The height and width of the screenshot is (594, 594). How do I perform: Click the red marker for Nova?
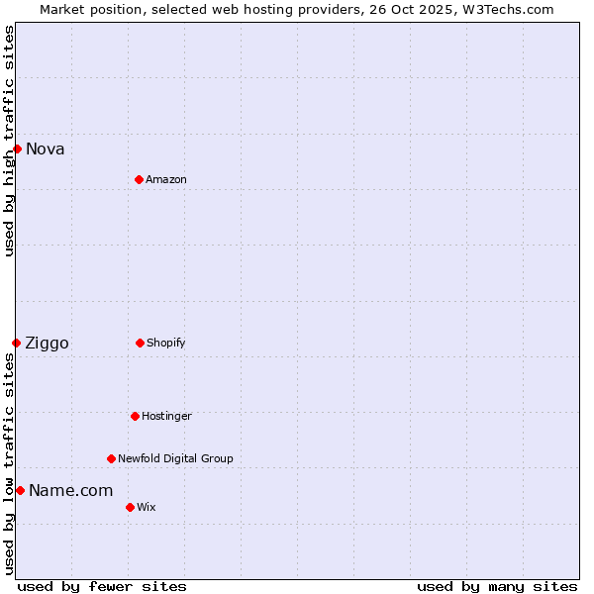[17, 148]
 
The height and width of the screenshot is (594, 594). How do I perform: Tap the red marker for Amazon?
[139, 179]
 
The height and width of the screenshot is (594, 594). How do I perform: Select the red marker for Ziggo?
[16, 343]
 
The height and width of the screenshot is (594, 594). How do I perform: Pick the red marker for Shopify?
[140, 343]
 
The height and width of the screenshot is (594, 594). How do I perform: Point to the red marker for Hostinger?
[135, 416]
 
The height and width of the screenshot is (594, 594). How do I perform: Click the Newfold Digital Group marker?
[111, 458]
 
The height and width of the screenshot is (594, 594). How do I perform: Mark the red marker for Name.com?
[20, 490]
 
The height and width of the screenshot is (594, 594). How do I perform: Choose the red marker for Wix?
[130, 507]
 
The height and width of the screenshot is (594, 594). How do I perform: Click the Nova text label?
[46, 149]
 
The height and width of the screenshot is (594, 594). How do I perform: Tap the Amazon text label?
[166, 179]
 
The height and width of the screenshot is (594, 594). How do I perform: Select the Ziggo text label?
[48, 344]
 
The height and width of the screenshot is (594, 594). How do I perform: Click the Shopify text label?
[166, 343]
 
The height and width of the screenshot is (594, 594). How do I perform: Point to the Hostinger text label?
[166, 416]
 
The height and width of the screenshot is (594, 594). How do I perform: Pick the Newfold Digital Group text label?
[175, 458]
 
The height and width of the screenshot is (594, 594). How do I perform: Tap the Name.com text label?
[71, 491]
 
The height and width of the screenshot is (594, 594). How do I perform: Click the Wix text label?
[147, 507]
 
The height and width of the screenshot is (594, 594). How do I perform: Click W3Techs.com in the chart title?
[511, 9]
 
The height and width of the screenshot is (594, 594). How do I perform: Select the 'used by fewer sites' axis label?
[102, 586]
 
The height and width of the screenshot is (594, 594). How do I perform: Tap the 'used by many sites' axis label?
[497, 586]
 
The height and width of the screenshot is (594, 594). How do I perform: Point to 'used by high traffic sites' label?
[9, 142]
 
